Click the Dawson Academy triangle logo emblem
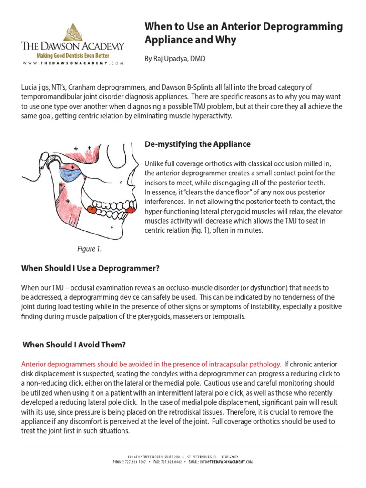pos(73,31)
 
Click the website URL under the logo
pos(72,63)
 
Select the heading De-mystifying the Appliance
pos(197,144)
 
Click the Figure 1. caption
pos(89,249)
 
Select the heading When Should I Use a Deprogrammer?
pos(90,268)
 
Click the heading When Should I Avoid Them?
pos(74,345)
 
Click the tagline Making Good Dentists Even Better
pos(73,56)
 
